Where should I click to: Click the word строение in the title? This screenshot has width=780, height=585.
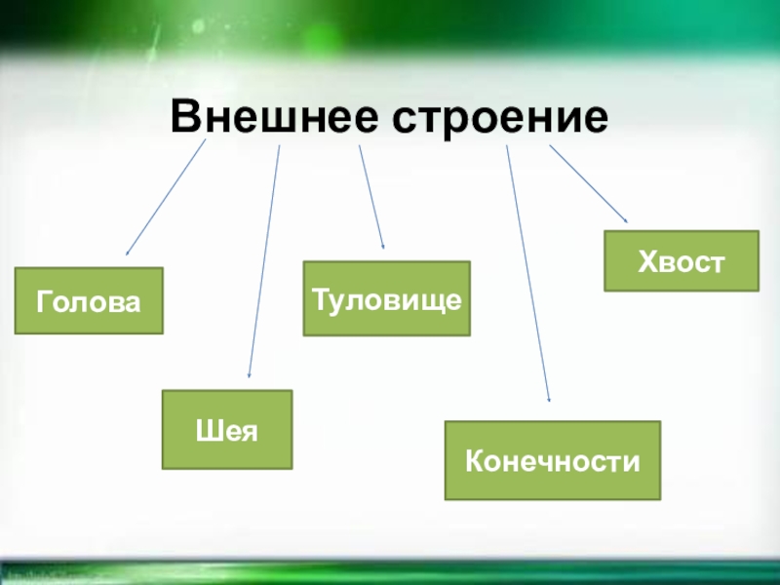500,117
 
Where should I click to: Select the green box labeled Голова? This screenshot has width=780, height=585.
89,301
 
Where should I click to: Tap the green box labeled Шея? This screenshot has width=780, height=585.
227,430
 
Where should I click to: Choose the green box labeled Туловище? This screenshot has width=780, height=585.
386,298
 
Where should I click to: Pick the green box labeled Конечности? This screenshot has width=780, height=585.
553,460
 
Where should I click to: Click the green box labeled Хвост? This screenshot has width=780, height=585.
682,261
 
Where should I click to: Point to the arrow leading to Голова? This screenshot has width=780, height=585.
167,197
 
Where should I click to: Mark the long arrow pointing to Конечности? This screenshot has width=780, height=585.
528,273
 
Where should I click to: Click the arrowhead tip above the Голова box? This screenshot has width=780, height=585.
127,254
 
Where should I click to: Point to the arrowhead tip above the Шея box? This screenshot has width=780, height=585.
250,377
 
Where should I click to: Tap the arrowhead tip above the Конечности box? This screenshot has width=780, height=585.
550,401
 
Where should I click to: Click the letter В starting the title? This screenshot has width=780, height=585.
184,117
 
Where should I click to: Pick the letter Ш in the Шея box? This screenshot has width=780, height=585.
207,430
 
